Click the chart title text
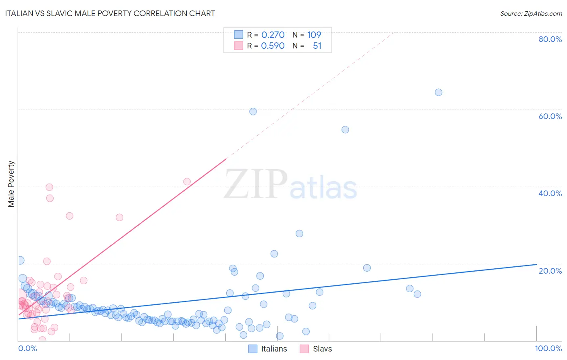coord(110,13)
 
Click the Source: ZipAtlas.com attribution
coord(531,13)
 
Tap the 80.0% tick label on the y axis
coord(550,39)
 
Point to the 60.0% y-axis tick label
coord(550,116)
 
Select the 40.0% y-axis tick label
coord(550,193)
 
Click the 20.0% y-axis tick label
coord(550,271)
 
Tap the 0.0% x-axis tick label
coord(28,348)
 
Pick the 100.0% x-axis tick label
coord(548,348)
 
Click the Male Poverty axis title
coord(11,184)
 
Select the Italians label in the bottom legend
coord(274,349)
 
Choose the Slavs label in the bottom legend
coord(322,349)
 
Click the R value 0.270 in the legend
coord(273,35)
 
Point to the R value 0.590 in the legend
coord(273,46)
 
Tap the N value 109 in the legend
coord(314,35)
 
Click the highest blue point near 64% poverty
coord(438,92)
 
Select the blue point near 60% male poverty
coord(253,111)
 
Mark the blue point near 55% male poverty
coord(345,130)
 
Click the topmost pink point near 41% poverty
coord(187,182)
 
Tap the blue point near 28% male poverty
coord(299,234)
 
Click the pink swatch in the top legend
coord(238,46)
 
